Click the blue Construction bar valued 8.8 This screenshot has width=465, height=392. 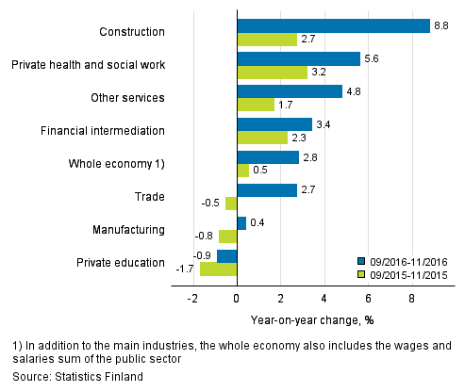[x=333, y=25]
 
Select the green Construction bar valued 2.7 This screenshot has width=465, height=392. [x=266, y=40]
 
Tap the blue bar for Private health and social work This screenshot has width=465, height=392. [x=298, y=58]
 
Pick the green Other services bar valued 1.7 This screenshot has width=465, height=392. [x=256, y=105]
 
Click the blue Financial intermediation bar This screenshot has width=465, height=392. [x=274, y=123]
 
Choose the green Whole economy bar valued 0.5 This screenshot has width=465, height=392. [x=242, y=171]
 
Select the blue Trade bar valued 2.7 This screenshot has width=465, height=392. [x=266, y=189]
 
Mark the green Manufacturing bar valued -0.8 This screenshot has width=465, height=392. [x=227, y=236]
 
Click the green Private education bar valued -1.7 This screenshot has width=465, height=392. [x=218, y=269]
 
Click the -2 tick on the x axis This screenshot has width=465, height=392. [x=192, y=298]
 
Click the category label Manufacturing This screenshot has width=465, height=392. [x=127, y=229]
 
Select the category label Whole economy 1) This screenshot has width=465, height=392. [x=116, y=164]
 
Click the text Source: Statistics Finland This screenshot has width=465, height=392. [x=69, y=376]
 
